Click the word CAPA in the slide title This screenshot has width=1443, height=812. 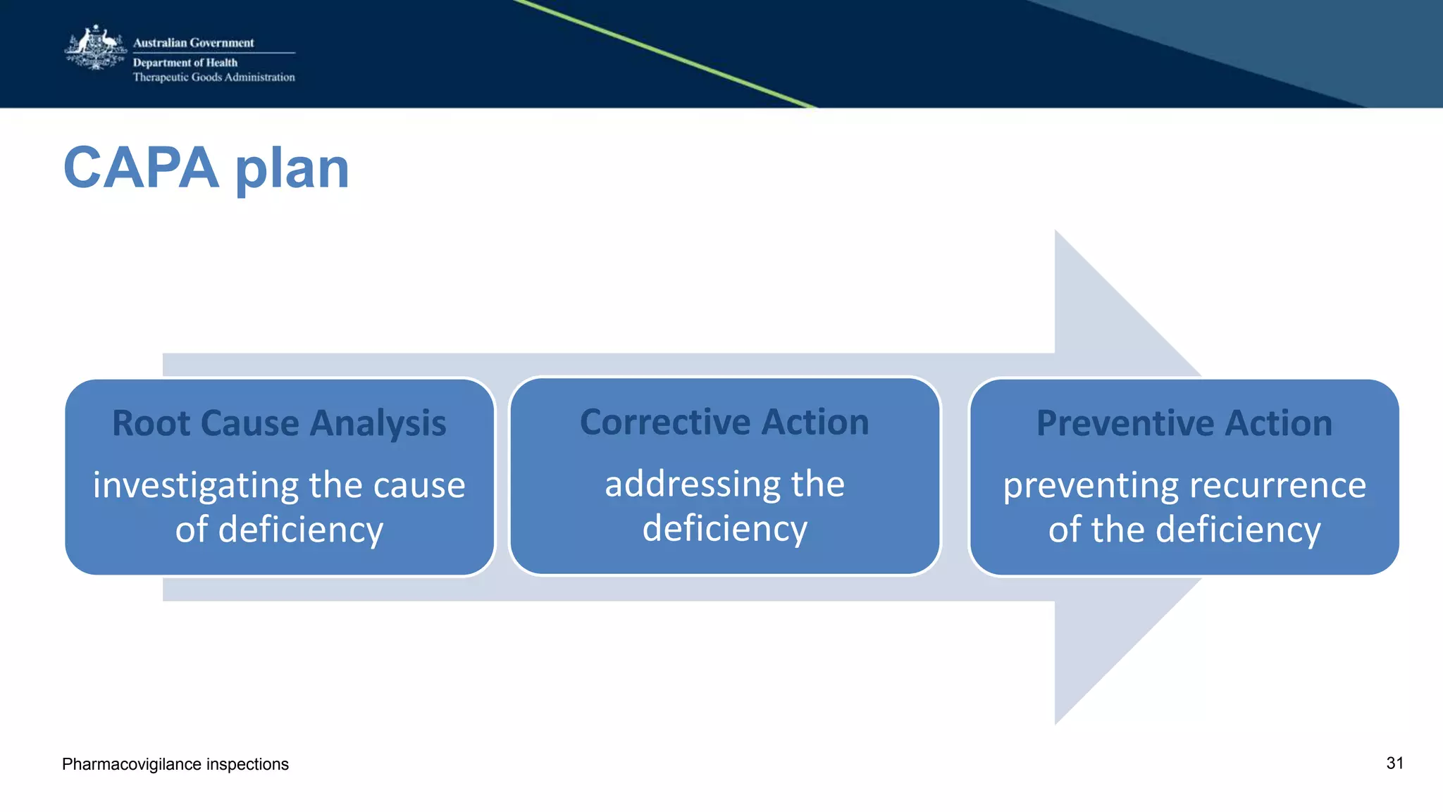pyautogui.click(x=141, y=168)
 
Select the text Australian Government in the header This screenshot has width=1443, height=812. pyautogui.click(x=193, y=42)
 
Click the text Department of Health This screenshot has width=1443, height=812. pyautogui.click(x=185, y=63)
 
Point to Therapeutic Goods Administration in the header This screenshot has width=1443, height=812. pyautogui.click(x=213, y=77)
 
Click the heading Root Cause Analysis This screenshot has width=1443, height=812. pyautogui.click(x=279, y=423)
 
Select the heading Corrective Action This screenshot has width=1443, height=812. pyautogui.click(x=724, y=422)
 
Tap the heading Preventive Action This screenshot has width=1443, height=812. pyautogui.click(x=1184, y=423)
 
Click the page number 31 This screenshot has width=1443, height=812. pyautogui.click(x=1394, y=763)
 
